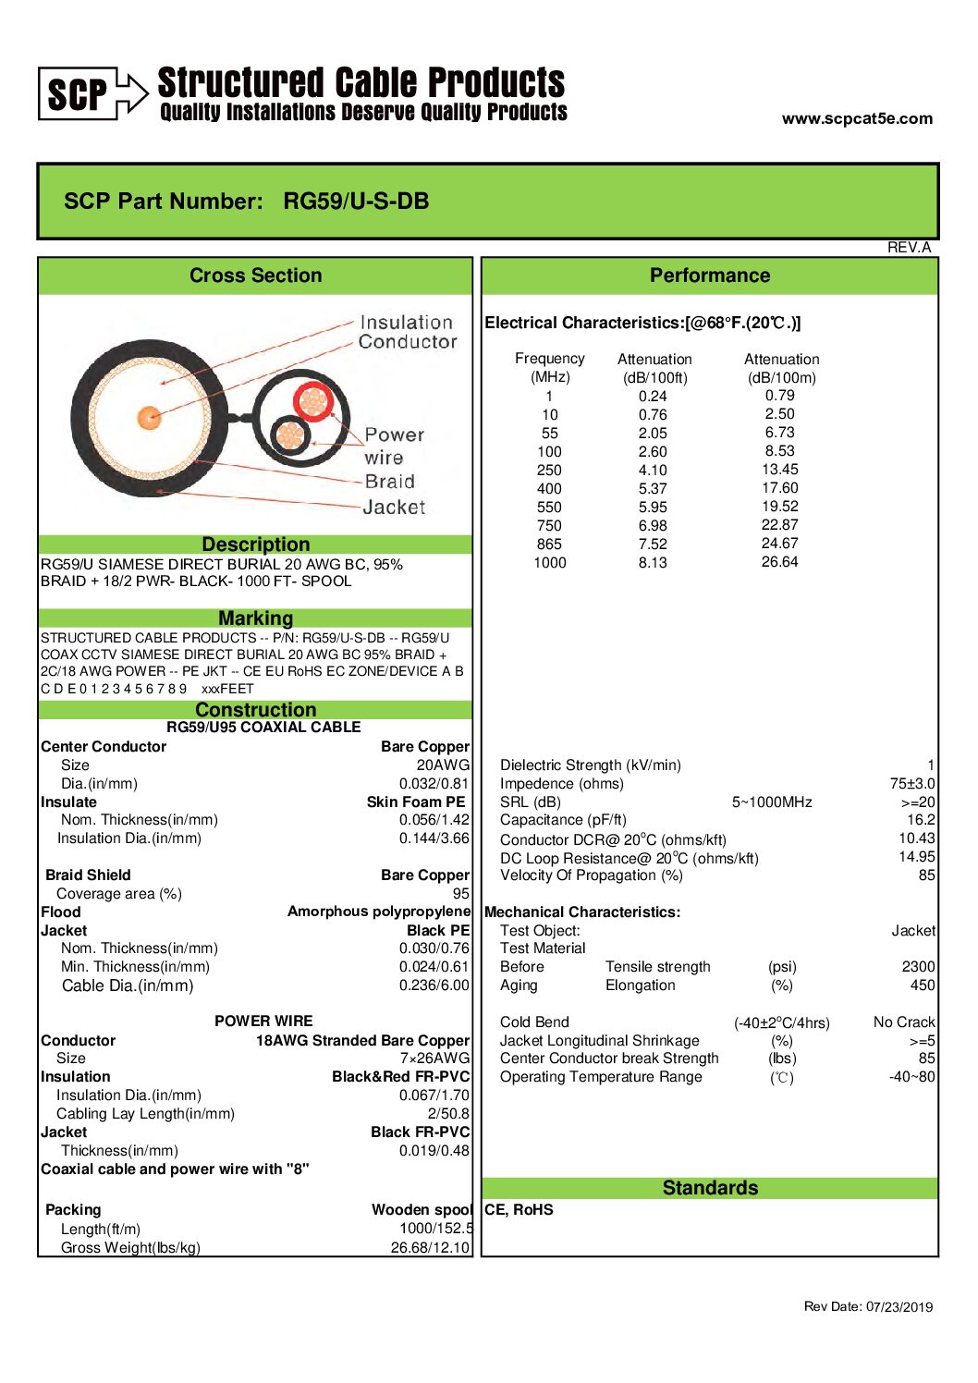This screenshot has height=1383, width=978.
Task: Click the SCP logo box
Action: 79,93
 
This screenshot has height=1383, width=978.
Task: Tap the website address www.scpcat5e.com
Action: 857,118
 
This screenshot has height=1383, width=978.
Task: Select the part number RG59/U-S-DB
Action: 356,202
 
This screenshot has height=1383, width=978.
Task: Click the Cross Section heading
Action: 255,275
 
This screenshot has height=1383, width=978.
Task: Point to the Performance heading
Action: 709,275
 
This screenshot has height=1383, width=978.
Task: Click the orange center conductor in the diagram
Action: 150,417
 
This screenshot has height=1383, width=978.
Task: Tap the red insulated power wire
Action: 313,401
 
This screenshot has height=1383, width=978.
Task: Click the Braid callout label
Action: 389,482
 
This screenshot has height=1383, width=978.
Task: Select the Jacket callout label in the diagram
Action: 394,507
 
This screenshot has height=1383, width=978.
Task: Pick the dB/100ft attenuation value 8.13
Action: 653,562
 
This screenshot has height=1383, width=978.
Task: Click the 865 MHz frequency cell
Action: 549,544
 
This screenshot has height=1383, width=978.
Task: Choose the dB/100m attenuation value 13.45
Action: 779,470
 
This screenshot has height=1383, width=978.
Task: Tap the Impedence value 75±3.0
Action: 911,783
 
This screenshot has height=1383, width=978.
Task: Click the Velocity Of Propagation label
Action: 592,875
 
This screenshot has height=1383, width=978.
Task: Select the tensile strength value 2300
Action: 918,966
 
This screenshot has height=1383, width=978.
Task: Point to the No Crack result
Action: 903,1022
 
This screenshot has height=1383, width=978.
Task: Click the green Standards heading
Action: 710,1188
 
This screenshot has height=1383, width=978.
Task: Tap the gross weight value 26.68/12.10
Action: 430,1247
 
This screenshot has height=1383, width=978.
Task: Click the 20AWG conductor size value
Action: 443,765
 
